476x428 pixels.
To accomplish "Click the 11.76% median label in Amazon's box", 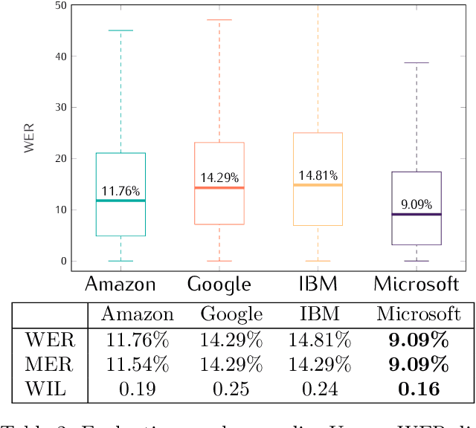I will (120, 191).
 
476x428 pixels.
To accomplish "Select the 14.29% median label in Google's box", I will (219, 178).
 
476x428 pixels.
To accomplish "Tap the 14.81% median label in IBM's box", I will (318, 176).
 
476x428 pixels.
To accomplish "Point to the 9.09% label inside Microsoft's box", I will (417, 204).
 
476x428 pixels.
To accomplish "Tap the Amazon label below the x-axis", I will (120, 284).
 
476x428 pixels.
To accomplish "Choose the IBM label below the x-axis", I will (318, 284).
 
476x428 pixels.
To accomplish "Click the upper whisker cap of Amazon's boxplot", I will (120, 30).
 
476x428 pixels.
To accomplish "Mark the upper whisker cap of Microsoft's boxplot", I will (417, 63).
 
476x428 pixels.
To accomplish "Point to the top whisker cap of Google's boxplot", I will (219, 20).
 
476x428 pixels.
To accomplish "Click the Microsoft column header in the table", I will (419, 314).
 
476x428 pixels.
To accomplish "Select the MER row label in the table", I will (50, 364).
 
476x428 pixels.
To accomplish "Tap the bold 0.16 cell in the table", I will (418, 388).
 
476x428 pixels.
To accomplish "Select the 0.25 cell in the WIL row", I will (231, 388).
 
